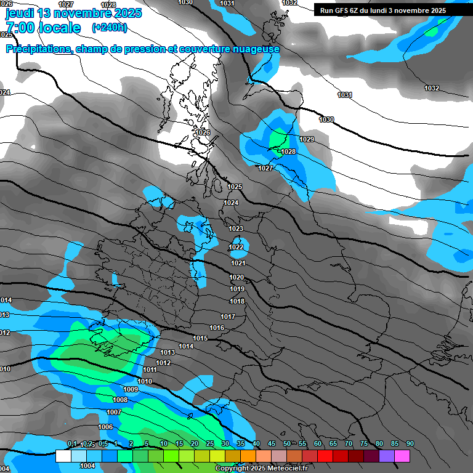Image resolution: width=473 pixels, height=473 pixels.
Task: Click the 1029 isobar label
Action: click(307, 139)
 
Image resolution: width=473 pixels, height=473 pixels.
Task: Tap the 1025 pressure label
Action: click(235, 187)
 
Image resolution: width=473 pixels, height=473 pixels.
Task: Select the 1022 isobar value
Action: click(236, 247)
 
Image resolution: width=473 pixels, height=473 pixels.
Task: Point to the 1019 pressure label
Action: click(237, 289)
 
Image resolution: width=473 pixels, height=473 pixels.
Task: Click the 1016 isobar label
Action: click(217, 328)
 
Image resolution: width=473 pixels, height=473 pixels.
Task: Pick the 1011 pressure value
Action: click(150, 370)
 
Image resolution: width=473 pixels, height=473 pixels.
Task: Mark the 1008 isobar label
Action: click(120, 400)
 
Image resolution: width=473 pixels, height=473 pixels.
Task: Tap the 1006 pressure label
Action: click(105, 427)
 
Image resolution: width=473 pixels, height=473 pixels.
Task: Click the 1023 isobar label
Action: click(236, 228)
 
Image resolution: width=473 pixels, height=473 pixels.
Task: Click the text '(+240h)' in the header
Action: click(109, 27)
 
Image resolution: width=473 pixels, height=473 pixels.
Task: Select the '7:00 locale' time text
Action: click(43, 28)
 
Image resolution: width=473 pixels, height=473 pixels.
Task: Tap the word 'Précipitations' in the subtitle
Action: click(37, 49)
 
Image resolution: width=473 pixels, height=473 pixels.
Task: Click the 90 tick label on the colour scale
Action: click(410, 444)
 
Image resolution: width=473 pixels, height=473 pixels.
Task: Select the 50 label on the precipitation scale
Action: click(287, 444)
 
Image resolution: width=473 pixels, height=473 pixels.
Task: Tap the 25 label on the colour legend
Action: click(210, 444)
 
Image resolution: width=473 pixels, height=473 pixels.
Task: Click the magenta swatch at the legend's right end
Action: click(402, 456)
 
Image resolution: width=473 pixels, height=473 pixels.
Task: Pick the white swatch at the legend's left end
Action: click(63, 456)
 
